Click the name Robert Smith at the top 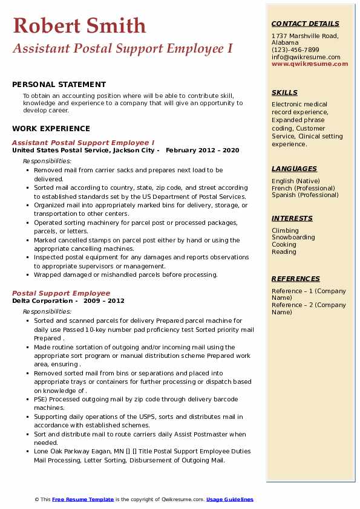point(79,25)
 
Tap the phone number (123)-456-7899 point(295,50)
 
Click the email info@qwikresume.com point(306,57)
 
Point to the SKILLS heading point(284,92)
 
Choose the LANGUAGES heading point(294,169)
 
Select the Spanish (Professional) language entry point(306,195)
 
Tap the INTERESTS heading point(292,218)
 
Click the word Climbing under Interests point(285,230)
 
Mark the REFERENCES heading point(296,279)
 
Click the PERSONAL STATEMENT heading point(59,85)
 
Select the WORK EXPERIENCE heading point(51,128)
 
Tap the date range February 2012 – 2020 point(202,150)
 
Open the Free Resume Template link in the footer point(83,499)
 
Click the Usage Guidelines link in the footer point(229,499)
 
